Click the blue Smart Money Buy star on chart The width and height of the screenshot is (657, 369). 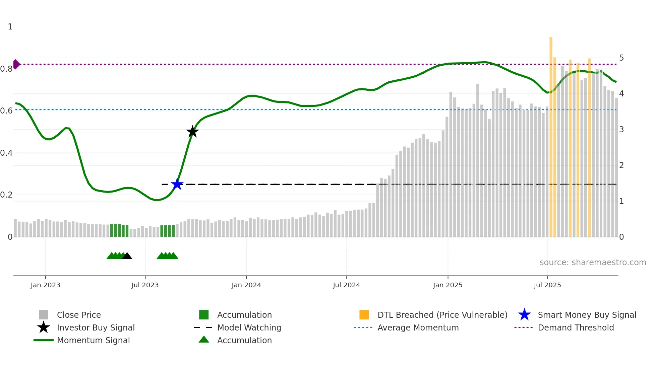[x=177, y=184]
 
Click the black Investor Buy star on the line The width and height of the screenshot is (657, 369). [x=192, y=132]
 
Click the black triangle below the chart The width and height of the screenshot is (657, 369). [x=127, y=256]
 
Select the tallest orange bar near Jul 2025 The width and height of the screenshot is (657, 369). [x=551, y=134]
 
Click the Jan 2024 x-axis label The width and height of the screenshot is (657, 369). [x=246, y=285]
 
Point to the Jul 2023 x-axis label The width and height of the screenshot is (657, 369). [x=145, y=285]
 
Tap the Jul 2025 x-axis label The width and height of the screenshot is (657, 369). [x=547, y=285]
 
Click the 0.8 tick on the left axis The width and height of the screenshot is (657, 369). [x=6, y=69]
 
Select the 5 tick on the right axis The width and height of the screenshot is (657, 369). [x=621, y=58]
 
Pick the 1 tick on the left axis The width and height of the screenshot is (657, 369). [x=10, y=27]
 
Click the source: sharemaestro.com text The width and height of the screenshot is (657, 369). [x=593, y=263]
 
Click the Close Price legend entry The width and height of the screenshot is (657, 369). [x=79, y=315]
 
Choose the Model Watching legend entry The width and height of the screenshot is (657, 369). [x=249, y=327]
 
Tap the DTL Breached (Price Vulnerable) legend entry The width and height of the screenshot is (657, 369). [x=442, y=315]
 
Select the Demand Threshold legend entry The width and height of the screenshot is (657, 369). [x=576, y=327]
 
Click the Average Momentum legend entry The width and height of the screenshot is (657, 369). [x=418, y=327]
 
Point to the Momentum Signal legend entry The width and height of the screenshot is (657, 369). [x=93, y=340]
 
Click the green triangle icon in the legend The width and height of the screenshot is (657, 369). [x=204, y=340]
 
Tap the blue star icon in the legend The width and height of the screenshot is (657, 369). [x=524, y=315]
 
